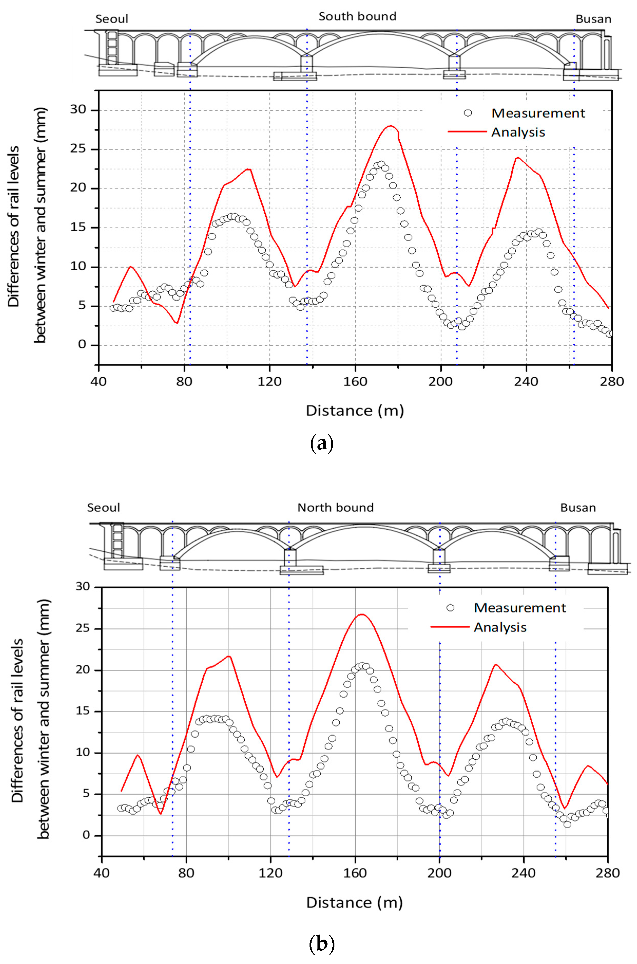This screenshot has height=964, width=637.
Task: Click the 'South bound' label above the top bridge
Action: point(357,17)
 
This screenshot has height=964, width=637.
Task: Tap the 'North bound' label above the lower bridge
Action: point(335,508)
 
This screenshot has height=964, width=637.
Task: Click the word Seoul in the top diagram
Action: point(112,19)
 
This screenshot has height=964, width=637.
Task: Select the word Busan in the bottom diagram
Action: point(578,508)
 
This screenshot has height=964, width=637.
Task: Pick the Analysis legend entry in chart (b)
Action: point(500,627)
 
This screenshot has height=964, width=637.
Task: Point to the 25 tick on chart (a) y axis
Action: point(80,149)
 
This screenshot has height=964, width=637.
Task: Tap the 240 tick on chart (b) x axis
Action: point(523,873)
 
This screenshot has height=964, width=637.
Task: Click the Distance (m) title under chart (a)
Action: point(355,411)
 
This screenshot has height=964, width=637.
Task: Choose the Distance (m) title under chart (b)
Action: point(354,902)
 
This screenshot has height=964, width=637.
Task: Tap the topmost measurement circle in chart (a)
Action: point(381,165)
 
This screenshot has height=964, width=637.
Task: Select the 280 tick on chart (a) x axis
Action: point(611,381)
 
